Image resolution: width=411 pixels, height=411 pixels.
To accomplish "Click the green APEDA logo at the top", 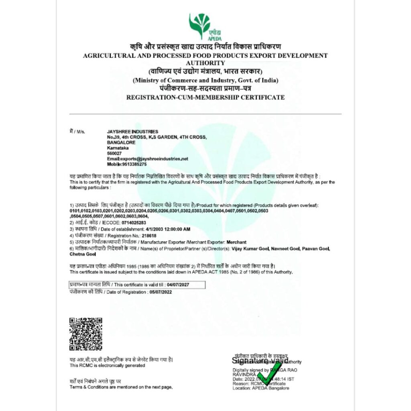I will pyautogui.click(x=205, y=26).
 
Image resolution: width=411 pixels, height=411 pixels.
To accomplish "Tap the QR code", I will pyautogui.click(x=85, y=334).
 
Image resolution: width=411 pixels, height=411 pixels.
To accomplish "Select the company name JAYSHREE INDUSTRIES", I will pyautogui.click(x=132, y=132).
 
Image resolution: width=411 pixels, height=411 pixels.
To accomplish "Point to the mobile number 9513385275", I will pyautogui.click(x=132, y=165).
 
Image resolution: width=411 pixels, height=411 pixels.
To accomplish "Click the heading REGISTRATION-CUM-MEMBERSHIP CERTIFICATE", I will pyautogui.click(x=205, y=97).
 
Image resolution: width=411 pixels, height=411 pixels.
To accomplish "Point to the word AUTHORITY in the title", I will pyautogui.click(x=205, y=63).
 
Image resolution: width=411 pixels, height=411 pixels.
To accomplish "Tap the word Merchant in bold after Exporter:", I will pyautogui.click(x=236, y=242).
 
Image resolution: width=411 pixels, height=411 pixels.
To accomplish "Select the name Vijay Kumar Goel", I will pyautogui.click(x=250, y=249).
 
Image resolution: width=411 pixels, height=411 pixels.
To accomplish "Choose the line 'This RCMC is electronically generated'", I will pyautogui.click(x=107, y=366).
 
